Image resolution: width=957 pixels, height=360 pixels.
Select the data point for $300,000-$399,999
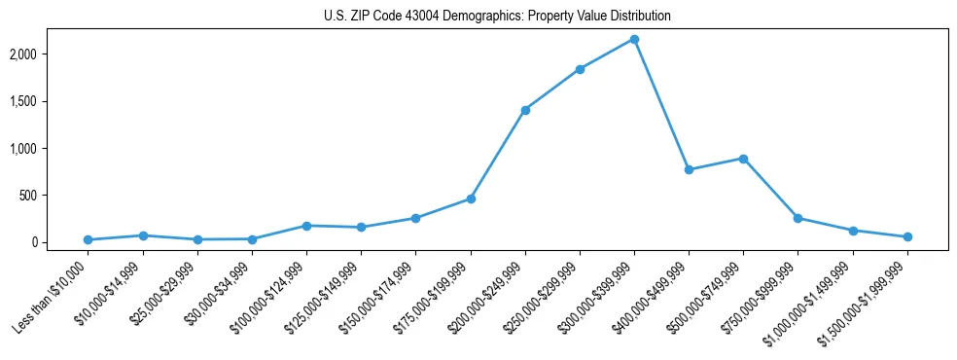point(634,39)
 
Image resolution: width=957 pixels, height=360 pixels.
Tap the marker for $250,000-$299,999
point(580,69)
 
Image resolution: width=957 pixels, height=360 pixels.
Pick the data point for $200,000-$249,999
point(525,110)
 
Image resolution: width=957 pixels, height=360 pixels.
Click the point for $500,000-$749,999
point(743,159)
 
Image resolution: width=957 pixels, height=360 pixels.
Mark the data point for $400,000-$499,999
point(689,169)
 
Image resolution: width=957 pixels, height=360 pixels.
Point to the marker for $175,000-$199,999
point(471,198)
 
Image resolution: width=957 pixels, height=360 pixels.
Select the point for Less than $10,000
point(89,239)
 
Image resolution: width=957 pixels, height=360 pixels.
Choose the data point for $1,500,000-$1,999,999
point(907,236)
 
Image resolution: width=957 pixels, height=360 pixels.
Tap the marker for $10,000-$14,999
point(143,235)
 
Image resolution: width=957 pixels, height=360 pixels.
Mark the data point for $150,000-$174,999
point(415,218)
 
